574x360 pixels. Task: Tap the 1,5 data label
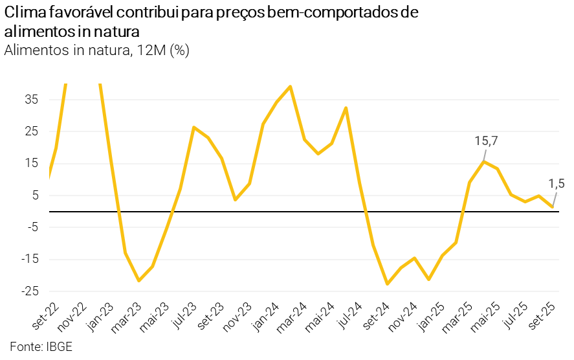tap(557, 185)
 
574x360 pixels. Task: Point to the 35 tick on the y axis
tap(32, 100)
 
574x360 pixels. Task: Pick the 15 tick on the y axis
tap(32, 163)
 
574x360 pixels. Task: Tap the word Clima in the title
tap(23, 13)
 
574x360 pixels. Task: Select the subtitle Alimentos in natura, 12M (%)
tap(96, 51)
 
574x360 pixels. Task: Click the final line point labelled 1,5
tap(553, 207)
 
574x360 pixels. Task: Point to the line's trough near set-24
tap(387, 284)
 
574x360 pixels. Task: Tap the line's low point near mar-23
tap(138, 280)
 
